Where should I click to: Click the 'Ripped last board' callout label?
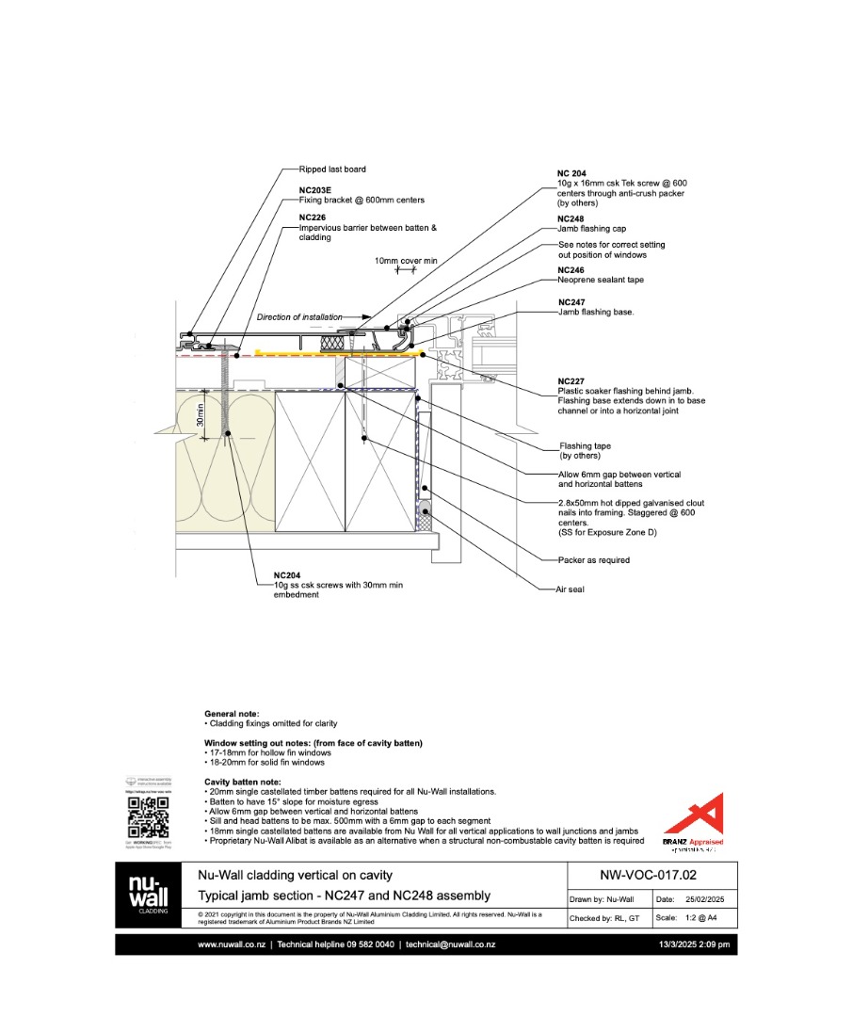click(332, 169)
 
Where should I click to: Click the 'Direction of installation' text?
click(299, 317)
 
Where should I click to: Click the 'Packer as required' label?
click(593, 560)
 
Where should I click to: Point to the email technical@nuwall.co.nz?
click(450, 944)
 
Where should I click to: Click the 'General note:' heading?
click(232, 715)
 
